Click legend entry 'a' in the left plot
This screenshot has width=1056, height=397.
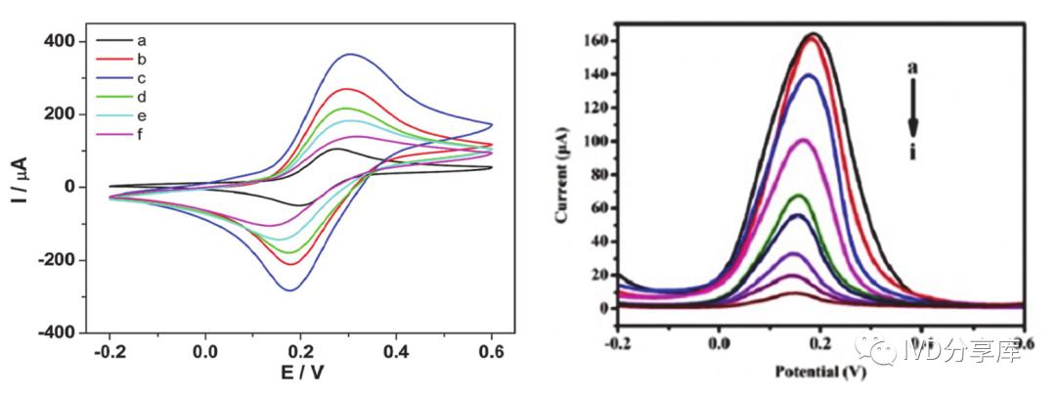tap(142, 41)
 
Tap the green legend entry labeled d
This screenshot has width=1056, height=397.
tap(142, 97)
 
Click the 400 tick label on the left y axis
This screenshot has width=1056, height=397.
tap(61, 41)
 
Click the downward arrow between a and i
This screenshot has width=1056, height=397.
tap(912, 108)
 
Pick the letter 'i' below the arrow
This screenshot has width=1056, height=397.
tap(912, 153)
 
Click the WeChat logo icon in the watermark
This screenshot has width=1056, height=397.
tap(871, 347)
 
